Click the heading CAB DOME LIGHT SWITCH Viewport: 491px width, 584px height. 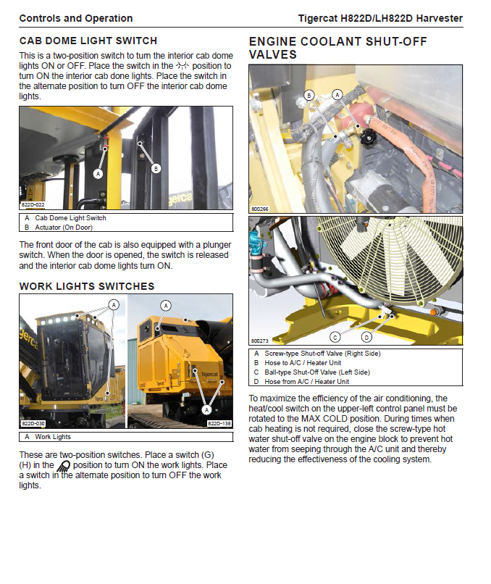(x=88, y=41)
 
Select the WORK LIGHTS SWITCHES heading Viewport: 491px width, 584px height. (x=86, y=286)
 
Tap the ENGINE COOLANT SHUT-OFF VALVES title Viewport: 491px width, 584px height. (x=337, y=48)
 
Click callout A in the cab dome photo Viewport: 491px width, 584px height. (x=98, y=174)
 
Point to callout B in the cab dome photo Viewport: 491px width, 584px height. (x=156, y=169)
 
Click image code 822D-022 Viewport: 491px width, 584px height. (x=33, y=205)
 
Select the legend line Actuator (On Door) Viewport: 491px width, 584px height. (x=64, y=227)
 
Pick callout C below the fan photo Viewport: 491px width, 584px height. (x=335, y=337)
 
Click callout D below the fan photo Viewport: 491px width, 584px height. (x=366, y=337)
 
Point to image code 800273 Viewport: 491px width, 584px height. (x=259, y=341)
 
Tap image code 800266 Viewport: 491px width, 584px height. (x=259, y=209)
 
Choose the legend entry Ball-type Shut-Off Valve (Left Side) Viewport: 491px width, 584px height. (x=317, y=372)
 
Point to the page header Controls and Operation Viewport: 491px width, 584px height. (x=76, y=18)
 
